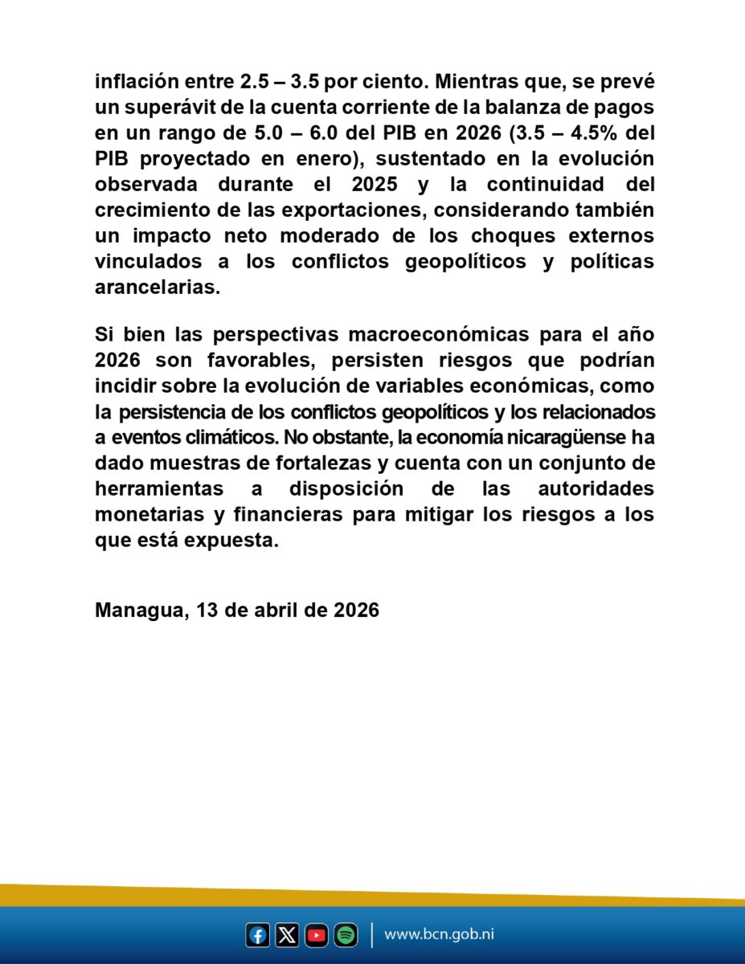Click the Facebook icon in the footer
[x=257, y=935]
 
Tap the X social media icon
[x=287, y=935]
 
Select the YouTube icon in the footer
[x=317, y=935]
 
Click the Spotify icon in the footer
[x=346, y=935]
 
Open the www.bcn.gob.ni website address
[x=439, y=935]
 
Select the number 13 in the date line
[x=207, y=610]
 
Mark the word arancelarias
[x=158, y=288]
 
